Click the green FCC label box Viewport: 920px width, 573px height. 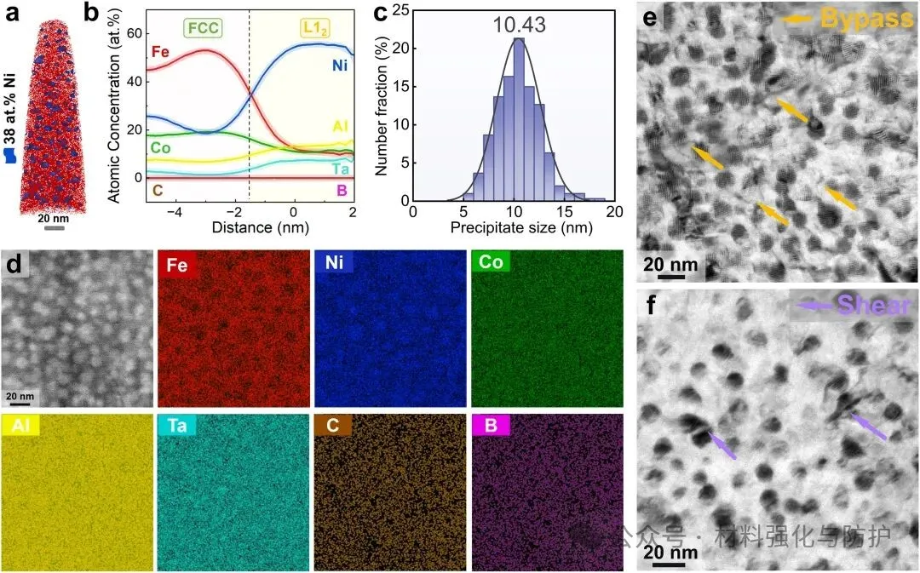click(203, 28)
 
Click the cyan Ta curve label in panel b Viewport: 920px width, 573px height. click(341, 169)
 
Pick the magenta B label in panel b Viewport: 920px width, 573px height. click(342, 191)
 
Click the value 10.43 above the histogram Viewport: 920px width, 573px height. click(518, 26)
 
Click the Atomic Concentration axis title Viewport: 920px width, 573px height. click(117, 109)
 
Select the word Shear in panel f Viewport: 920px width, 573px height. click(874, 305)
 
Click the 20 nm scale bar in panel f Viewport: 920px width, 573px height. click(670, 553)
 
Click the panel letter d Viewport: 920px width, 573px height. click(13, 265)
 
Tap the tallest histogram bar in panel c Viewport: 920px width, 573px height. click(518, 119)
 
